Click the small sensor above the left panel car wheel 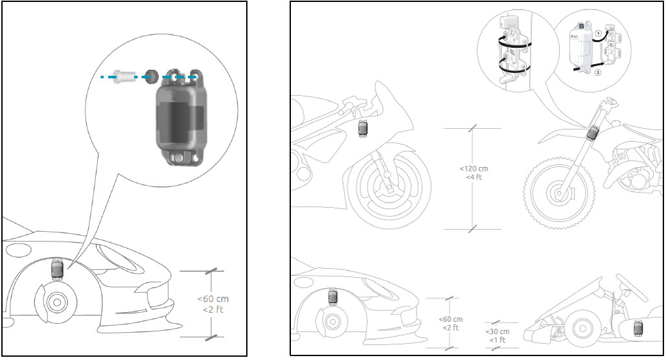click(x=57, y=268)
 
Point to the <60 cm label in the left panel click(x=212, y=299)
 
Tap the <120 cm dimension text click(x=474, y=169)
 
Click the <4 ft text click(x=474, y=177)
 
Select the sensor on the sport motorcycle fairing click(x=363, y=127)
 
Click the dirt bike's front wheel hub click(x=557, y=192)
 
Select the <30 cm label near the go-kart click(x=498, y=332)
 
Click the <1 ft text click(x=498, y=339)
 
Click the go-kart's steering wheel click(x=623, y=283)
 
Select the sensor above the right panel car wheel click(x=333, y=297)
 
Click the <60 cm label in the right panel click(x=450, y=320)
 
